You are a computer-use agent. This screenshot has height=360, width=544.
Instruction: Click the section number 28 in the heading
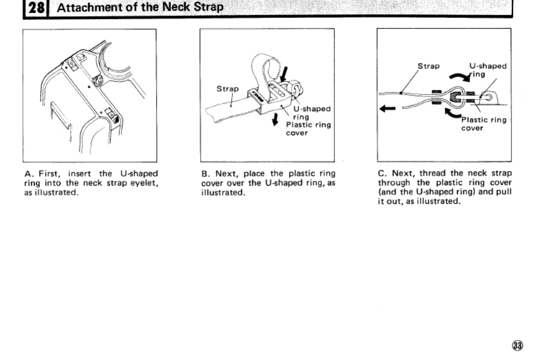click(x=36, y=8)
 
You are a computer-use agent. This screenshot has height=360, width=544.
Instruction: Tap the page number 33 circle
click(x=517, y=345)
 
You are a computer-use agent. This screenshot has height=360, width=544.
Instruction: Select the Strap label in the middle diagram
click(x=227, y=89)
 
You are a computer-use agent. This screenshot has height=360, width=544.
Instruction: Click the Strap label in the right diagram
click(x=428, y=66)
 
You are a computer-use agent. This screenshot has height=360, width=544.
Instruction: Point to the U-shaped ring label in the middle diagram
click(x=312, y=113)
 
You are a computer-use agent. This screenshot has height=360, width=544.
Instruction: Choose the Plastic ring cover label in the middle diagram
click(x=308, y=129)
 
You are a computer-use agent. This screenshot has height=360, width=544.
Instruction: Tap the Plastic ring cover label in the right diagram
click(x=484, y=124)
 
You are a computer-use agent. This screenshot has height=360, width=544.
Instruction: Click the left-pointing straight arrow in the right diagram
click(x=388, y=109)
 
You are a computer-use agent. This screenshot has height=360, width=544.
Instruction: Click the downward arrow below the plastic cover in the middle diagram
click(x=275, y=119)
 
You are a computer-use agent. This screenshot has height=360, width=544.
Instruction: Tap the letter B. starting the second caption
click(x=205, y=173)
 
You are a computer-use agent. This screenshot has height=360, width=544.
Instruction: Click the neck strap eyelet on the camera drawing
click(x=98, y=81)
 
